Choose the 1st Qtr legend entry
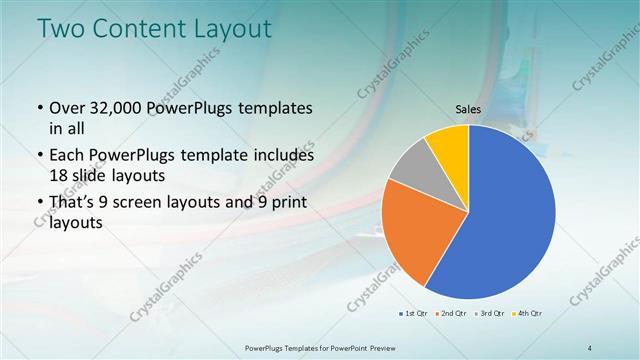click(x=414, y=315)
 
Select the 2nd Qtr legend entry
click(x=451, y=315)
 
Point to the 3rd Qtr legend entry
click(x=488, y=315)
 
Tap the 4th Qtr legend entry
click(x=525, y=315)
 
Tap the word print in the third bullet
click(x=284, y=203)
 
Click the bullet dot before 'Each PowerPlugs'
click(x=39, y=156)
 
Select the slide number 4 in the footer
click(x=590, y=347)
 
